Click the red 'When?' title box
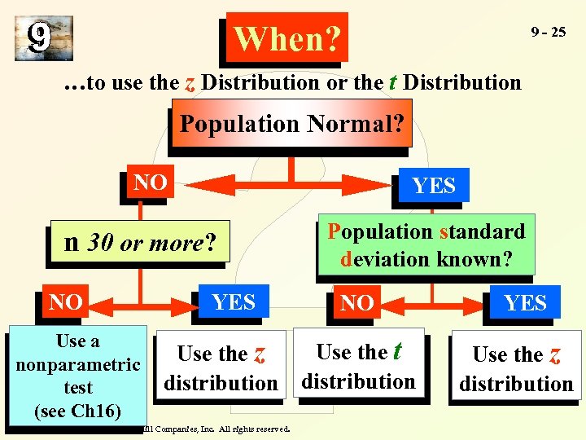286,37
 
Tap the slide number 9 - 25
548,33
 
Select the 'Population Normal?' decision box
291,124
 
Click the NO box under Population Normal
150,183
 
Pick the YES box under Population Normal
434,186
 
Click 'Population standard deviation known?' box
426,244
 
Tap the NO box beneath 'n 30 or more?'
65,302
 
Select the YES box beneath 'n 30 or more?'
234,302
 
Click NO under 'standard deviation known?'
357,304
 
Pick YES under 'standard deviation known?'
525,304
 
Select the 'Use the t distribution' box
358,367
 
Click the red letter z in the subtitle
190,82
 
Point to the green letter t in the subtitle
392,81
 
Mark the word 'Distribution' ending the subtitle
462,82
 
